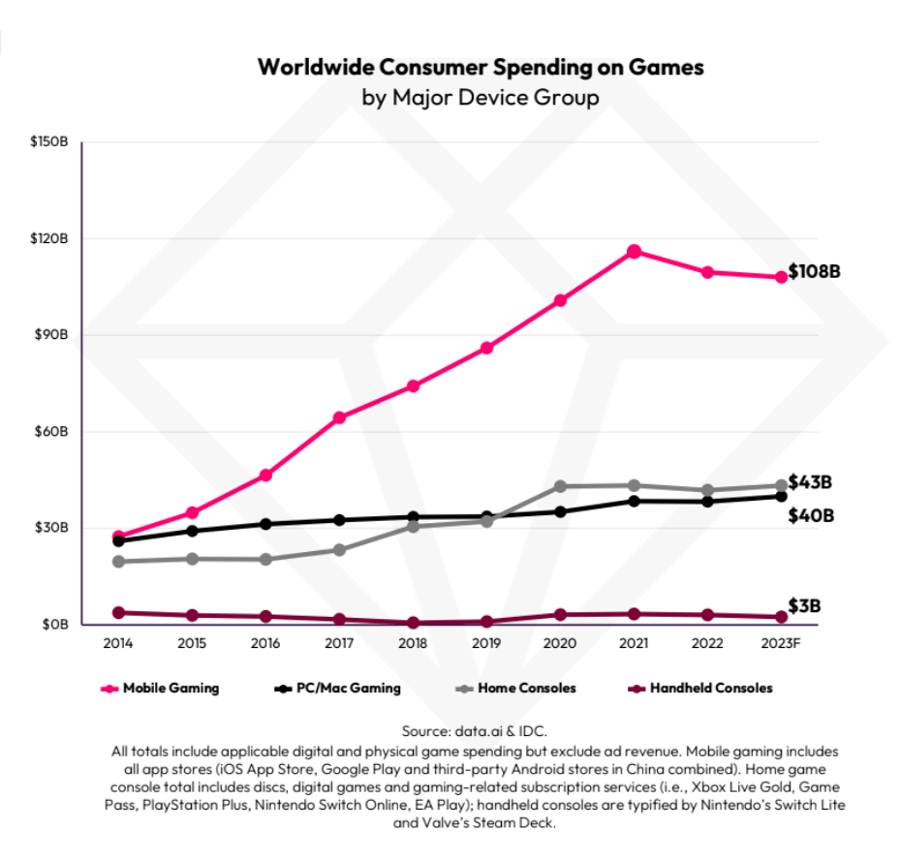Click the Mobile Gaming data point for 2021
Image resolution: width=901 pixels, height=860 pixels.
tap(634, 252)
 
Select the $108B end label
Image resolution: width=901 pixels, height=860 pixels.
tap(814, 271)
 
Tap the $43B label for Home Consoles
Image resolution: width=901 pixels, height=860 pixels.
tap(811, 482)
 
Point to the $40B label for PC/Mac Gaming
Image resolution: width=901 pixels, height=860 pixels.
tap(811, 515)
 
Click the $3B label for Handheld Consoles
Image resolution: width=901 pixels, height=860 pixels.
tap(805, 606)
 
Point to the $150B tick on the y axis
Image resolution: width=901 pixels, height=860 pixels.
tap(48, 142)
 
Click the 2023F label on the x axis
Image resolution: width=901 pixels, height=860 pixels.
tap(780, 643)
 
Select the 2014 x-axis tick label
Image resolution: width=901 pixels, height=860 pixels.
tap(118, 643)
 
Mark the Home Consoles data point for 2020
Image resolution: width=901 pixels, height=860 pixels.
tap(560, 486)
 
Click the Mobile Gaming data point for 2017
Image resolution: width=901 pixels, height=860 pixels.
tap(339, 417)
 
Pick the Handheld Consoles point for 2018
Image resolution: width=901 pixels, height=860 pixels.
tap(413, 623)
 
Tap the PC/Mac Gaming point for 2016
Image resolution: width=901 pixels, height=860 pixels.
tap(265, 524)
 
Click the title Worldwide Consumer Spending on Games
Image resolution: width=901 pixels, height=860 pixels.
tap(481, 68)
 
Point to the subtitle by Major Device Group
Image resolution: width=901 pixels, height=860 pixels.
tap(481, 98)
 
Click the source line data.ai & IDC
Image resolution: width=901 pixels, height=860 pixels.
tap(481, 730)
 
